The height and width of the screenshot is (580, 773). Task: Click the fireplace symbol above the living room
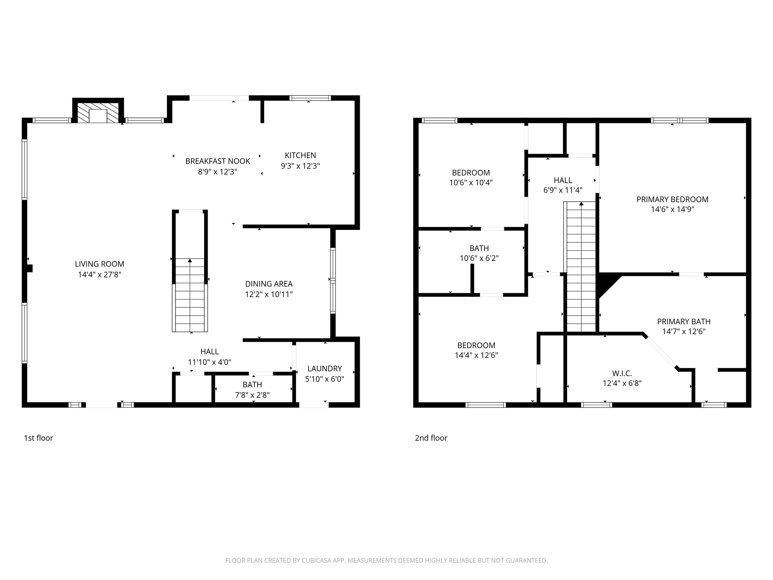(98, 113)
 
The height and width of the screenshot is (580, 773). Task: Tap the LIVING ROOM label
(99, 264)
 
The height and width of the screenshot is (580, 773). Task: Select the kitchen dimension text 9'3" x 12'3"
(300, 166)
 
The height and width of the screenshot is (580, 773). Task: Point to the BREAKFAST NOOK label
(217, 161)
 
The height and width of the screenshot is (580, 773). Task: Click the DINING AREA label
(269, 284)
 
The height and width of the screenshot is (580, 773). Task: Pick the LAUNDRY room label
(325, 369)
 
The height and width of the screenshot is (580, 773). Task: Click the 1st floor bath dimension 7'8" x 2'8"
(252, 395)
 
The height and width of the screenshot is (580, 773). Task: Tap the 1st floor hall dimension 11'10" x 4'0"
(209, 362)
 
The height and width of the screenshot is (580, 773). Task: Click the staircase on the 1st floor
(190, 295)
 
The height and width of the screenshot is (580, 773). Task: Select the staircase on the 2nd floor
(581, 268)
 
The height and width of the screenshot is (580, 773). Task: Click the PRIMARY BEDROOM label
(672, 199)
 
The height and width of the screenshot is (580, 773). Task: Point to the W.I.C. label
(622, 373)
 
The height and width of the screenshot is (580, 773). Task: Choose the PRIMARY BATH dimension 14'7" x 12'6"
(684, 332)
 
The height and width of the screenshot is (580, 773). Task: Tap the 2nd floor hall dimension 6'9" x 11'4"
(563, 190)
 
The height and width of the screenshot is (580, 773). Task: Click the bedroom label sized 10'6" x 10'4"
(471, 173)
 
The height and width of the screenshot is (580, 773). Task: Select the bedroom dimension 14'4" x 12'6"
(476, 355)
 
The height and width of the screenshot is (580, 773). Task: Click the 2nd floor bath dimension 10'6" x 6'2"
(479, 259)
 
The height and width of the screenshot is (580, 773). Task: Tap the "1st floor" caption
(38, 438)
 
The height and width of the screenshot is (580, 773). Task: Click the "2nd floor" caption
(431, 438)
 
